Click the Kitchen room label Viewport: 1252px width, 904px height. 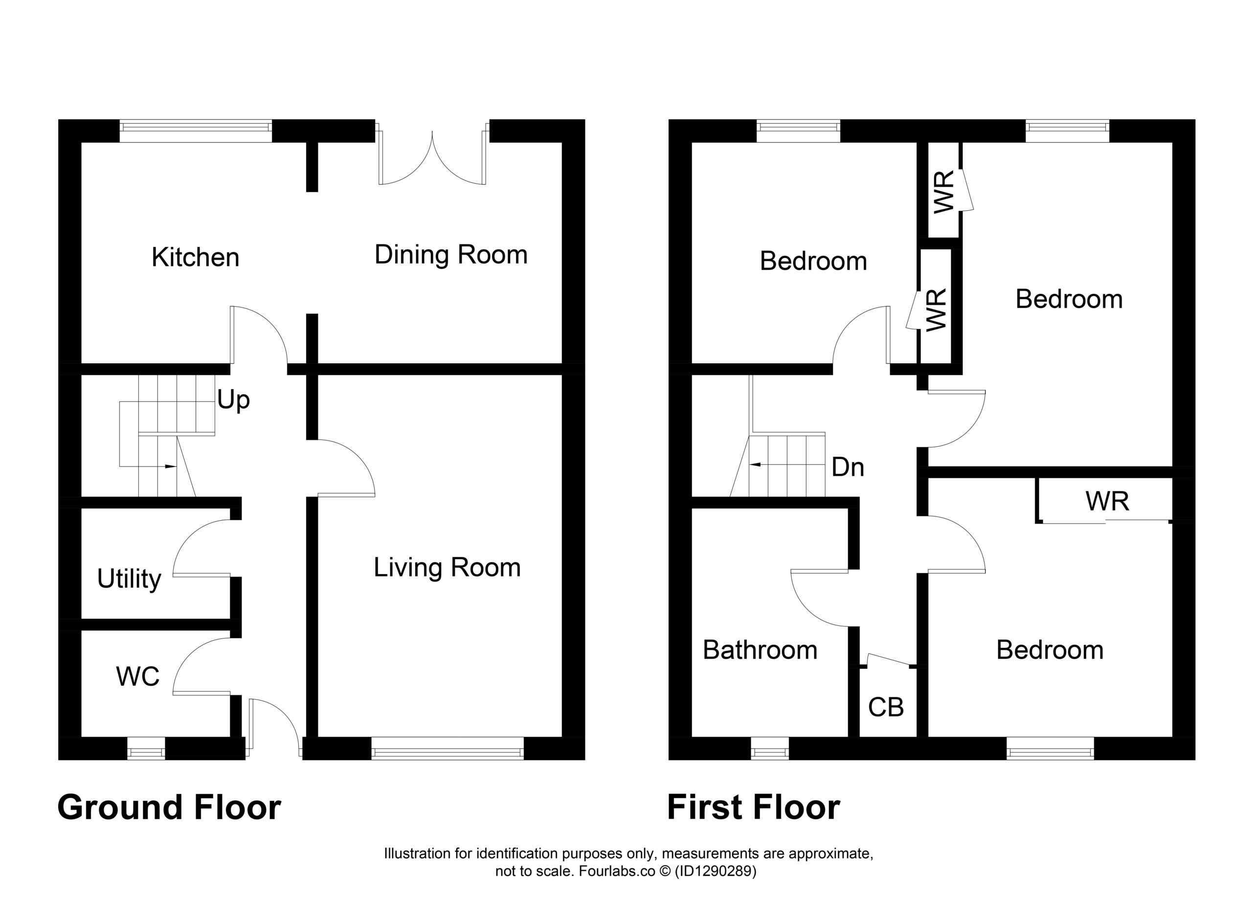pyautogui.click(x=196, y=258)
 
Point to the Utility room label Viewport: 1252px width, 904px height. pyautogui.click(x=129, y=579)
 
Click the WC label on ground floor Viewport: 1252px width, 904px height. pyautogui.click(x=138, y=677)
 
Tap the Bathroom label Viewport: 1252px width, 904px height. pyautogui.click(x=760, y=650)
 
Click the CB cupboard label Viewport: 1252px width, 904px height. pyautogui.click(x=886, y=707)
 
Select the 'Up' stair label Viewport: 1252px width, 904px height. pyautogui.click(x=233, y=400)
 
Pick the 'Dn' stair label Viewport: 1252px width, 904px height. pyautogui.click(x=848, y=467)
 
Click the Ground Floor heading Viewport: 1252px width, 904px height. pyautogui.click(x=170, y=807)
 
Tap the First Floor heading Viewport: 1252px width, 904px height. pyautogui.click(x=754, y=807)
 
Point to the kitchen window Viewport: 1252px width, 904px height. pyautogui.click(x=196, y=132)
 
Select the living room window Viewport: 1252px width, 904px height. pyautogui.click(x=447, y=749)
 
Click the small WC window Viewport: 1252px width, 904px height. pyautogui.click(x=146, y=749)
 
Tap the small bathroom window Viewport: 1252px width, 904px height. pyautogui.click(x=770, y=749)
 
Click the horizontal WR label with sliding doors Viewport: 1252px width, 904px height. pyautogui.click(x=1107, y=501)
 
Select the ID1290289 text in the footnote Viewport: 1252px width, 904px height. pyautogui.click(x=715, y=871)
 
